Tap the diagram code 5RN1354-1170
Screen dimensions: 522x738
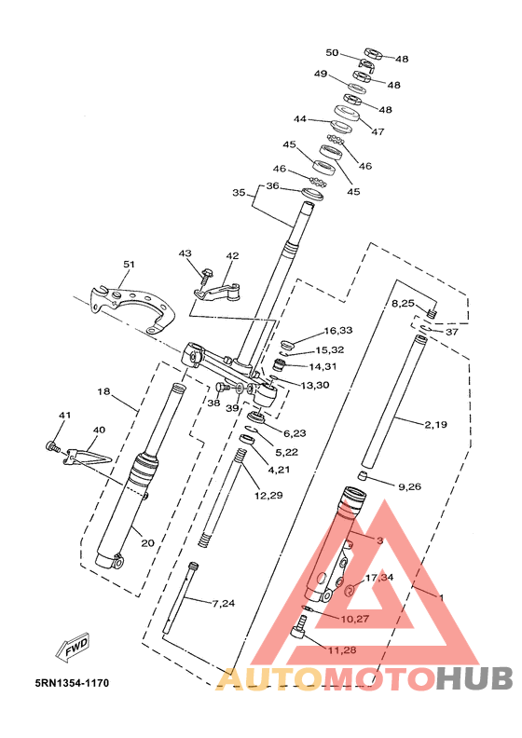tap(72, 683)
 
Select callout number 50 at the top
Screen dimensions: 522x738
tap(333, 52)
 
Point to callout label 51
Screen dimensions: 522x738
tap(129, 265)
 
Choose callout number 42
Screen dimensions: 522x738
tap(232, 256)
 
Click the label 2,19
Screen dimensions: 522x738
tap(435, 425)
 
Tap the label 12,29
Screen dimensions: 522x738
tap(268, 495)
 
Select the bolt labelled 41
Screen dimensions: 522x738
tap(53, 446)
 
